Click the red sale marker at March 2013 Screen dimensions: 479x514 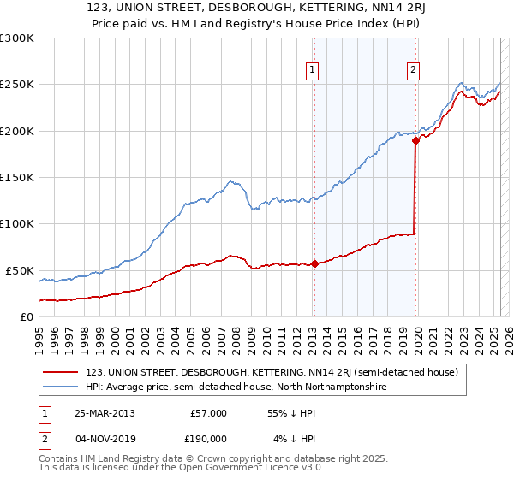point(314,263)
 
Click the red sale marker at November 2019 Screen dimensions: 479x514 point(415,140)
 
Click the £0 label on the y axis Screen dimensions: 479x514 point(26,316)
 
